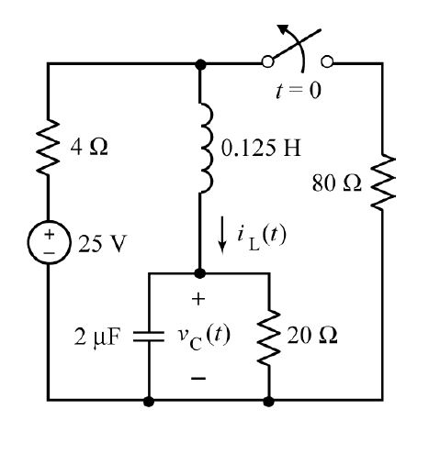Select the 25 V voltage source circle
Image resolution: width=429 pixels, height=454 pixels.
click(49, 246)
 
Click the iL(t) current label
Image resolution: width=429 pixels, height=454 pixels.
click(261, 236)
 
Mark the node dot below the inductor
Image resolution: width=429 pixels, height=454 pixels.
click(202, 273)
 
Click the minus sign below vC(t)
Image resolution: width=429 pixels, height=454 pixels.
click(200, 377)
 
